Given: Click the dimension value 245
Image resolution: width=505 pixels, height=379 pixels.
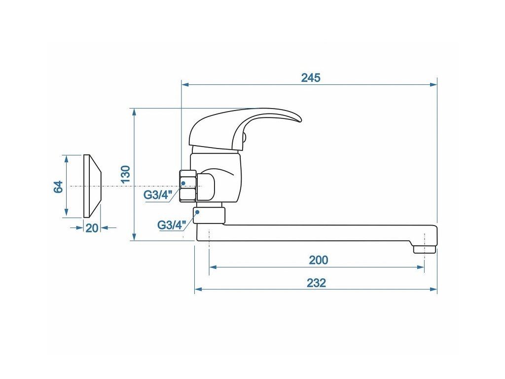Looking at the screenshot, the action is pyautogui.click(x=311, y=77).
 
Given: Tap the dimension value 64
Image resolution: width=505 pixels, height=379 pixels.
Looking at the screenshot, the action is pyautogui.click(x=59, y=187).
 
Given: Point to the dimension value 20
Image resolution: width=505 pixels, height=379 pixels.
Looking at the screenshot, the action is pyautogui.click(x=93, y=227).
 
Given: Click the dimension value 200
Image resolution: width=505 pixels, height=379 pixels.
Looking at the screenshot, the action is pyautogui.click(x=318, y=260).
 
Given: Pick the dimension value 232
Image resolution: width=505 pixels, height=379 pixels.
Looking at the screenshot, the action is pyautogui.click(x=316, y=283).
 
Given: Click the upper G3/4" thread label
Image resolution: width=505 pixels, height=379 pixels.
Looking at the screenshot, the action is pyautogui.click(x=156, y=195).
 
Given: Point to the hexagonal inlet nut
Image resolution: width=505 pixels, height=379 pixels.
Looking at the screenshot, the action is pyautogui.click(x=188, y=186).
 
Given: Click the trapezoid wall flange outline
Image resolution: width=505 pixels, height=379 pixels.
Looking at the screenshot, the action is pyautogui.click(x=93, y=186).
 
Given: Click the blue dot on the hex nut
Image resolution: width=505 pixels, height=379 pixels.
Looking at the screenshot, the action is pyautogui.click(x=183, y=183).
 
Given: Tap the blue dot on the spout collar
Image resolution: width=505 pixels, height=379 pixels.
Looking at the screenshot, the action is pyautogui.click(x=197, y=212).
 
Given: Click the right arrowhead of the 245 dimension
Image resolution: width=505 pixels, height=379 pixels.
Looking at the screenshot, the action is pyautogui.click(x=434, y=85).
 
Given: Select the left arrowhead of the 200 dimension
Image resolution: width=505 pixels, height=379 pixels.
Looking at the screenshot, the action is pyautogui.click(x=213, y=267).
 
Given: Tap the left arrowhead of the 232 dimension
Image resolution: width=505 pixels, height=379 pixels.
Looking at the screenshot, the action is pyautogui.click(x=198, y=290).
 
